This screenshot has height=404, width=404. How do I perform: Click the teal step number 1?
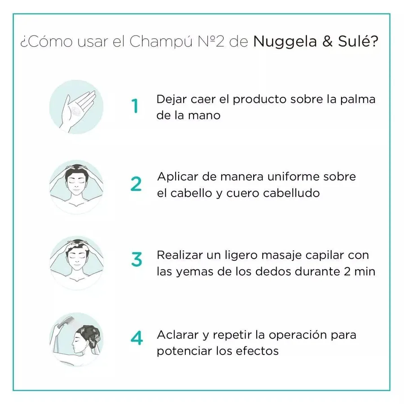coord(135,106)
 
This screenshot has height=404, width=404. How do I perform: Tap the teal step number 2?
coord(136,184)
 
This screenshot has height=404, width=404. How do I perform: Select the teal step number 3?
coord(136,259)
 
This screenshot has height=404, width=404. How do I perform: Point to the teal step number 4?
coord(136,338)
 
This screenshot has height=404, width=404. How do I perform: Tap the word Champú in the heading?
coord(161,42)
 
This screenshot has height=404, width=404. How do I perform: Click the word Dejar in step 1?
coord(171,100)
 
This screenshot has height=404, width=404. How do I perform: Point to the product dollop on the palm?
coord(76,111)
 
